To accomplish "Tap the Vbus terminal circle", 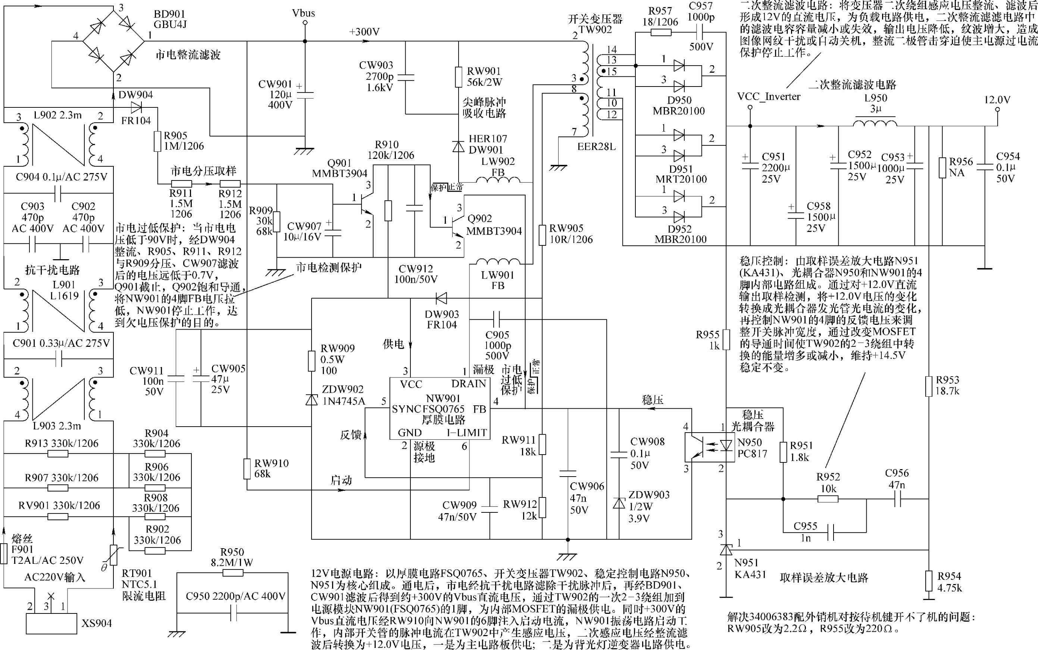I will point(305,23).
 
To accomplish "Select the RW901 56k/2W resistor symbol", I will point(459,78).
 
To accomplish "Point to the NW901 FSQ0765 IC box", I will point(440,408).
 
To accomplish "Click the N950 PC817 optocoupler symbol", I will point(705,447).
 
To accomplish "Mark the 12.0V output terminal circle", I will point(997,110).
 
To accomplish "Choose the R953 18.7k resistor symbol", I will point(928,386).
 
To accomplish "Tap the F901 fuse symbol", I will point(4,554).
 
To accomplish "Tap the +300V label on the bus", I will point(364,32).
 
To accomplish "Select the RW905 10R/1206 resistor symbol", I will point(543,235).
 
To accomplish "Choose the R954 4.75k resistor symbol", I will point(929,581).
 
